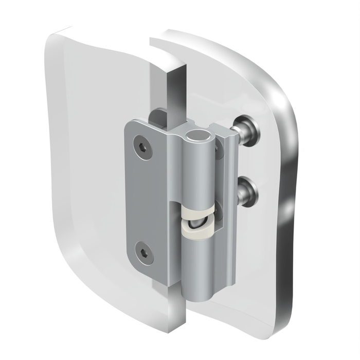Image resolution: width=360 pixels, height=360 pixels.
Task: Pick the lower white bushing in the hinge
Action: tap(196, 232)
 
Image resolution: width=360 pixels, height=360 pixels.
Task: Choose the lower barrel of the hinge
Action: tap(198, 267)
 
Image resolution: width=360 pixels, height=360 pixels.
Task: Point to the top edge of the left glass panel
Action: tap(93, 32)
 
